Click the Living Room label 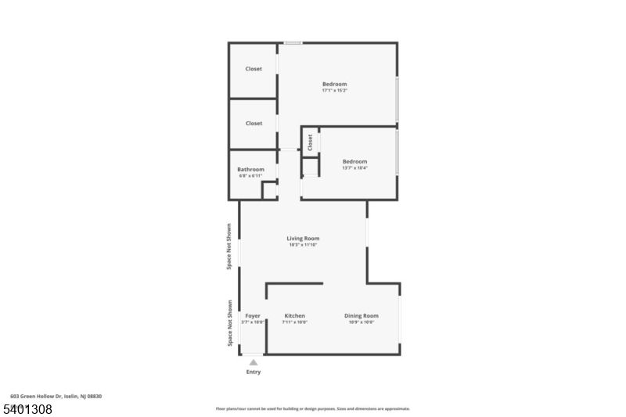pos(303,239)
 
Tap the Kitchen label pos(294,315)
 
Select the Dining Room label pos(361,315)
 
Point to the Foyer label pos(252,315)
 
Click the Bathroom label pos(251,169)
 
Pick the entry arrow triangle pos(253,362)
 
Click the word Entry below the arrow pos(254,372)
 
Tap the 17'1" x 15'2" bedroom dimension pos(334,91)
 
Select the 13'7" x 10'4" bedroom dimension pos(354,168)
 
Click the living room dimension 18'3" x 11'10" pos(303,245)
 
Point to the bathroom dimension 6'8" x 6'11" pos(251,175)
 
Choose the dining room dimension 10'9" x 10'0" pos(361,322)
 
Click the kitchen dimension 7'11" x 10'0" pos(294,322)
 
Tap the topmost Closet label pos(254,69)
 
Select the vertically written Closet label pos(310,142)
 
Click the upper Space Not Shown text pos(229,246)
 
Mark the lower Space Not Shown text pos(229,323)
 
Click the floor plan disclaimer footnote pos(312,408)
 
